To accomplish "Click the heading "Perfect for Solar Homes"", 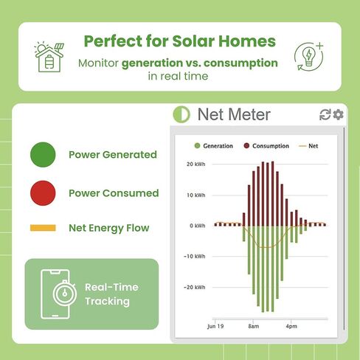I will (179, 41).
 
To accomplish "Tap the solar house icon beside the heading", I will (49, 56).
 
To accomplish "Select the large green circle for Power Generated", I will (44, 155).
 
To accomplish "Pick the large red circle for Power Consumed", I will (44, 193).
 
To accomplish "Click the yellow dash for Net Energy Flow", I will (44, 228).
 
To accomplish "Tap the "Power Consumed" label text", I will (114, 193).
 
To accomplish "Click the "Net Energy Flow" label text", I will (108, 228).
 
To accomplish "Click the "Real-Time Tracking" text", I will (111, 294).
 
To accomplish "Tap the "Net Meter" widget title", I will (233, 114).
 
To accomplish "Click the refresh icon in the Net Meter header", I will (325, 114).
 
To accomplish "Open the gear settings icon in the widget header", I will (338, 114).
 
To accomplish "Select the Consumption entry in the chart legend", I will (266, 146).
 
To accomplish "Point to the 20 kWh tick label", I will (195, 165).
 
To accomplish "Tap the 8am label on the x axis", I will (253, 325).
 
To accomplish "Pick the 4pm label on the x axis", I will (291, 325).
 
